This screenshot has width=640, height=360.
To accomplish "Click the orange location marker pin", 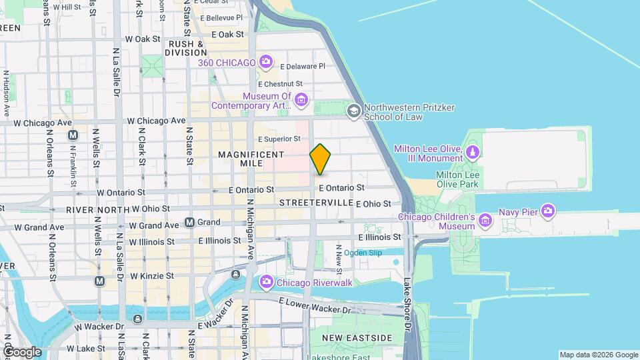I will coord(321,159).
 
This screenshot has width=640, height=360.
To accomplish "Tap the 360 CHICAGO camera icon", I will coord(266,63).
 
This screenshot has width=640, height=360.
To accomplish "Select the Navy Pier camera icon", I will coord(548,211).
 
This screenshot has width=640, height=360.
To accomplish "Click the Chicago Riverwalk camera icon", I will coord(267,283).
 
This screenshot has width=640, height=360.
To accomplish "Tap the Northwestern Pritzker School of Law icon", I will coord(354,111).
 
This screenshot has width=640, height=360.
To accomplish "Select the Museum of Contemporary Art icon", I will coord(301,101).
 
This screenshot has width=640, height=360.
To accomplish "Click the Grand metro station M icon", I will coord(190,222).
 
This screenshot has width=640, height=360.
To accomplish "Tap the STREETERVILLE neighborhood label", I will coord(316,202).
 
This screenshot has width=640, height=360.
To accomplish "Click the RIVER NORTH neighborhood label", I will coord(97,209).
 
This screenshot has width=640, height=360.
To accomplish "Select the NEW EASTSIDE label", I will coord(357,338).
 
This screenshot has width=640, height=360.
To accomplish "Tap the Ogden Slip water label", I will coord(363,252).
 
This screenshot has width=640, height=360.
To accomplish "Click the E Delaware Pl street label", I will coord(303,67).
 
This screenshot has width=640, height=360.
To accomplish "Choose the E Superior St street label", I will coord(279,139).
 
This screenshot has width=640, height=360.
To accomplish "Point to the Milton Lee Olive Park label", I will coord(457,179).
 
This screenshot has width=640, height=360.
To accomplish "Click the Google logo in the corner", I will coord(22,351).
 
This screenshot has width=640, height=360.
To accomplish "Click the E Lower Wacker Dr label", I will coord(315,306).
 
